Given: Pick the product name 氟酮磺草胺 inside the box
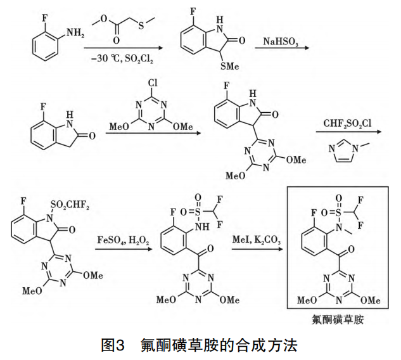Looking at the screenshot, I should coord(343,320).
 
